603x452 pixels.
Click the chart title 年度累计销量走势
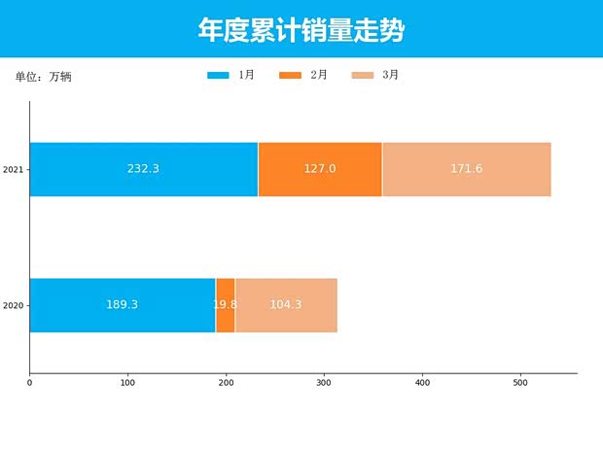click(x=301, y=31)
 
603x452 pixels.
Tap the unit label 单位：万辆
click(x=43, y=77)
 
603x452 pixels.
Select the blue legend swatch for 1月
click(x=218, y=75)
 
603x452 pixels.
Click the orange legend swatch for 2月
click(x=290, y=75)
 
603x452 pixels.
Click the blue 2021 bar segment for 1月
click(x=143, y=169)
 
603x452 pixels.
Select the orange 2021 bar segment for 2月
click(x=320, y=169)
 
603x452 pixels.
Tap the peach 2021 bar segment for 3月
click(x=467, y=169)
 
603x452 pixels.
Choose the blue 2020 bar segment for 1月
click(x=122, y=305)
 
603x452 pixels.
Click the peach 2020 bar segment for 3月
click(x=286, y=305)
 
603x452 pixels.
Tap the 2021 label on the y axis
click(x=13, y=170)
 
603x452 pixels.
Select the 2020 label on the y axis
click(x=13, y=306)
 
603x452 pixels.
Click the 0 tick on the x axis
click(x=29, y=383)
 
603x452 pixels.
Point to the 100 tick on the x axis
click(x=127, y=383)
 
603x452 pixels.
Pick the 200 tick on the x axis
click(x=226, y=383)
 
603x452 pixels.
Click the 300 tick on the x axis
click(x=324, y=383)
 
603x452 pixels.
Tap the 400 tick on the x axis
click(x=422, y=383)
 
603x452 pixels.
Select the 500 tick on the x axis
click(x=520, y=383)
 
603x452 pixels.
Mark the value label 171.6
click(x=467, y=169)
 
